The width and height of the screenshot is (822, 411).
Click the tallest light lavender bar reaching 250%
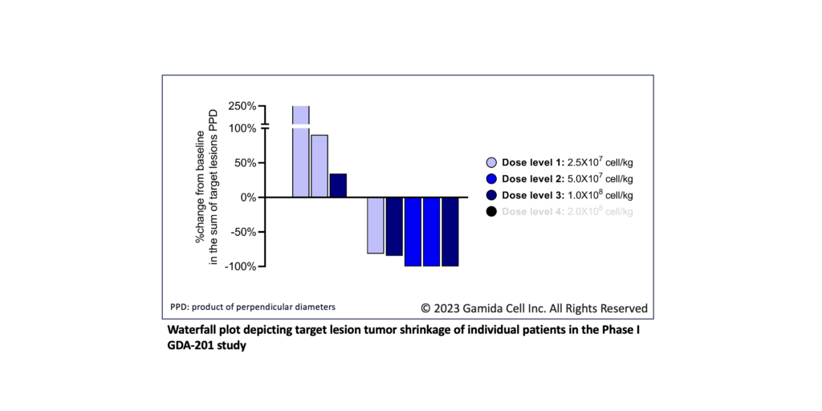tap(301, 153)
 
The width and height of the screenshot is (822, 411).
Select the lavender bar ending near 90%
tap(319, 166)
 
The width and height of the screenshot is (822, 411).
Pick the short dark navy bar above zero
tap(338, 185)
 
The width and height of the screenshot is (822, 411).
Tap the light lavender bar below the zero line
tap(375, 226)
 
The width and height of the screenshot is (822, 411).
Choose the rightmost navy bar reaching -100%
tap(450, 231)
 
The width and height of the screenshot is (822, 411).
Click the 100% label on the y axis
tap(242, 128)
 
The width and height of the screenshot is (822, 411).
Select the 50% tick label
tap(244, 163)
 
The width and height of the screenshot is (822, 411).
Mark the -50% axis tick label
tap(242, 232)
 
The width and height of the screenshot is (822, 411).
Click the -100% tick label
tap(240, 266)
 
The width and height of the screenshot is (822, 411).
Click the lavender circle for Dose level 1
tap(491, 162)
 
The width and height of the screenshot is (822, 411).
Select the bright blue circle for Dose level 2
tap(491, 178)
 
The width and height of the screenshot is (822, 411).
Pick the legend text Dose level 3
tap(535, 195)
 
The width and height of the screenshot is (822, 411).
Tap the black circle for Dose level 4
tap(491, 211)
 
